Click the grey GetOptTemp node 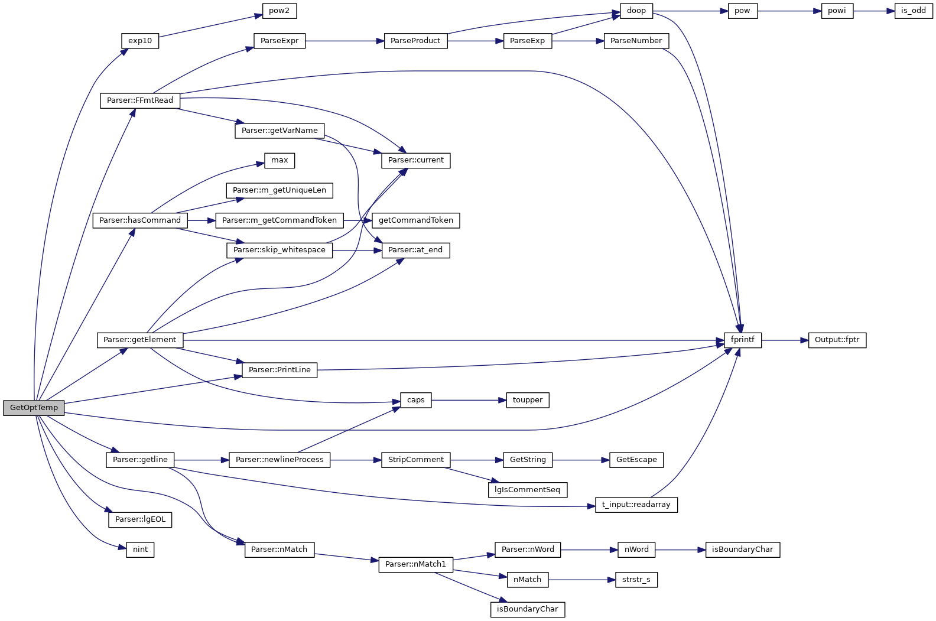point(34,408)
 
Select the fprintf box point(743,340)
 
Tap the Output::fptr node point(837,340)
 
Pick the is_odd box point(913,11)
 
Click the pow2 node point(279,11)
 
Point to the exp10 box point(140,41)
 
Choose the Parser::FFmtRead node point(140,100)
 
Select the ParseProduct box point(415,41)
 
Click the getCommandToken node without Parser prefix point(415,220)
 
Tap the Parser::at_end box point(415,250)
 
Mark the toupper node point(528,400)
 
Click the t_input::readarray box point(636,505)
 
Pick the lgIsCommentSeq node point(528,490)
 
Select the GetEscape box point(636,460)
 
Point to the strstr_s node point(636,580)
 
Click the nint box point(140,550)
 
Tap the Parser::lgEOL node point(140,519)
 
